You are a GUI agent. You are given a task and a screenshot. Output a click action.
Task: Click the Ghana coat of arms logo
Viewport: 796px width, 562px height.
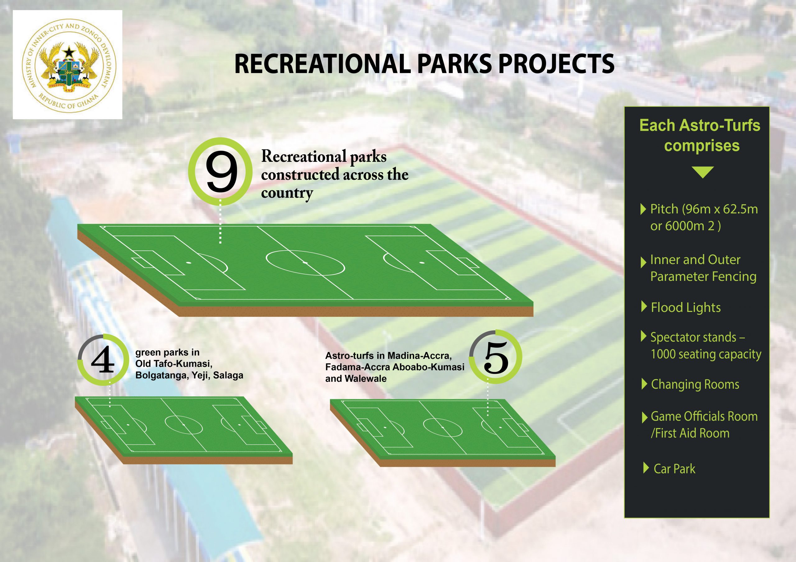coord(67,65)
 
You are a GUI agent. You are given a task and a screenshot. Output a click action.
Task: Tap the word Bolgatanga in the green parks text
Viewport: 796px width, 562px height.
coord(160,376)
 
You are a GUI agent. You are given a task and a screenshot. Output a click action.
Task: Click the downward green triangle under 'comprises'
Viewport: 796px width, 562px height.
coord(702,172)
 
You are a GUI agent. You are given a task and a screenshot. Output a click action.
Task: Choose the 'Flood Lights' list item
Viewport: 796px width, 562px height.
coord(685,307)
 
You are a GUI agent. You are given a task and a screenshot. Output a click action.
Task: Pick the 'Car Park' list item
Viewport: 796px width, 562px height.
coord(674,468)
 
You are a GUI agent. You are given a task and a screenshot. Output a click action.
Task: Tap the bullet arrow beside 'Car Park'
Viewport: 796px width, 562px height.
coord(646,468)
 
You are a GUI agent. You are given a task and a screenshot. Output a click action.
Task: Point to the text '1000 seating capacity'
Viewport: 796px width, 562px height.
coord(706,354)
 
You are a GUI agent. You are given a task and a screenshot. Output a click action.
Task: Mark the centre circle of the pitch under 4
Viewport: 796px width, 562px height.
coord(183,424)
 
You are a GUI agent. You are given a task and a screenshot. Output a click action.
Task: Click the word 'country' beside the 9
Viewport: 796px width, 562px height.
coord(287,193)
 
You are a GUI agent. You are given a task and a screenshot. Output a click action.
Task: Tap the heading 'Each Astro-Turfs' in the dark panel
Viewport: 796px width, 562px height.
coord(700,126)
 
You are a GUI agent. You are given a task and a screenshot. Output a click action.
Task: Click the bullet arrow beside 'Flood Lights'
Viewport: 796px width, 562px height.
coord(644,307)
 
